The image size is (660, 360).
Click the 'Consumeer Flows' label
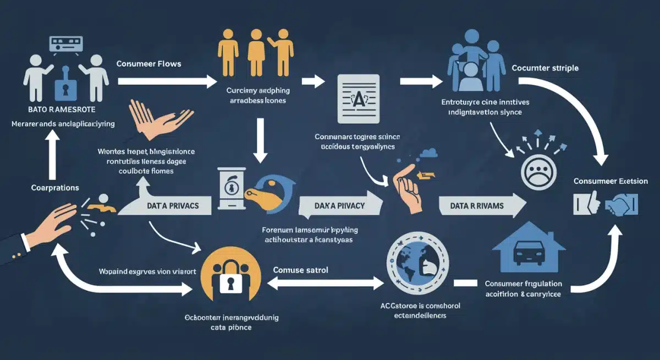[x=148, y=64]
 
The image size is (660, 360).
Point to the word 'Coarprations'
[x=54, y=188]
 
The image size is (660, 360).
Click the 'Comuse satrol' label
[x=301, y=270]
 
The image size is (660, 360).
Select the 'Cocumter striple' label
[x=544, y=68]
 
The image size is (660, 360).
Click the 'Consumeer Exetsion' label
[x=610, y=181]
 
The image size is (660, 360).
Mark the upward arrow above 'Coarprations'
[x=53, y=157]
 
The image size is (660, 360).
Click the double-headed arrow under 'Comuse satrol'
[x=324, y=283]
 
